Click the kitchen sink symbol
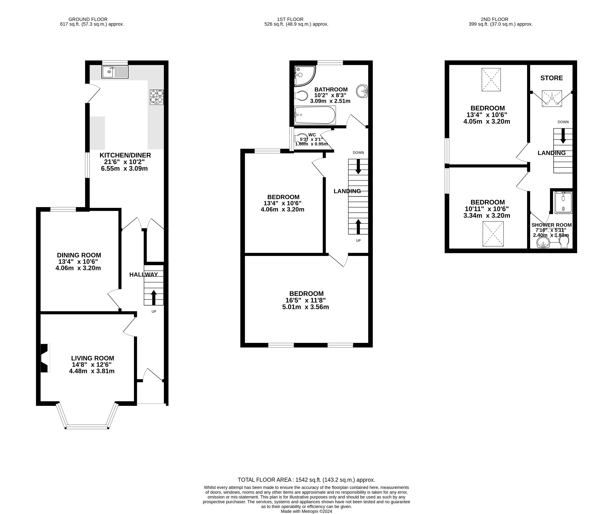click(x=115, y=72)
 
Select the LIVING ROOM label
click(x=92, y=358)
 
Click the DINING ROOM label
click(x=79, y=255)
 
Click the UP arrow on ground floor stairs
click(x=153, y=297)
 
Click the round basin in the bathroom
click(x=362, y=91)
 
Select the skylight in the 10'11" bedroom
click(x=493, y=234)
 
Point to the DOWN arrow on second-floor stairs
click(x=563, y=136)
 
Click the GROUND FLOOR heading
click(x=88, y=19)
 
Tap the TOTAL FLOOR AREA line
click(x=306, y=480)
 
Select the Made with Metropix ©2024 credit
click(x=306, y=511)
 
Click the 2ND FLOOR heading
click(x=494, y=19)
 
